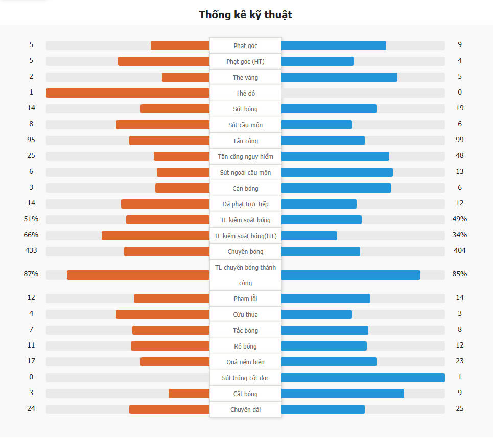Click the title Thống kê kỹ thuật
pos(245,15)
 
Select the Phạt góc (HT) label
pos(245,62)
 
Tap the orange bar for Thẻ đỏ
pos(128,93)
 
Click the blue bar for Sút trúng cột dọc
pos(363,378)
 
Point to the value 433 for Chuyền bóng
pos(31,251)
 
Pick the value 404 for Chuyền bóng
pos(460,251)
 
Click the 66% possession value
pos(31,235)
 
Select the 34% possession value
pos(460,235)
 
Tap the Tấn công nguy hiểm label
pos(245,157)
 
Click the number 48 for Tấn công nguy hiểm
pos(460,155)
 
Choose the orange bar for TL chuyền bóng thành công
pos(138,275)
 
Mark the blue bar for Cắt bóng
pos(342,394)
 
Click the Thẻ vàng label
pos(245,78)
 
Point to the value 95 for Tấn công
pos(31,140)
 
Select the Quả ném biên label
pos(245,362)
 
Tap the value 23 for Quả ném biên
pos(460,361)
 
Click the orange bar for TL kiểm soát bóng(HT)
pos(155,236)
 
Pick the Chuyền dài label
pos(245,410)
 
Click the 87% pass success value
pos(31,274)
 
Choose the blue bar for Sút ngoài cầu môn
pos(337,172)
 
